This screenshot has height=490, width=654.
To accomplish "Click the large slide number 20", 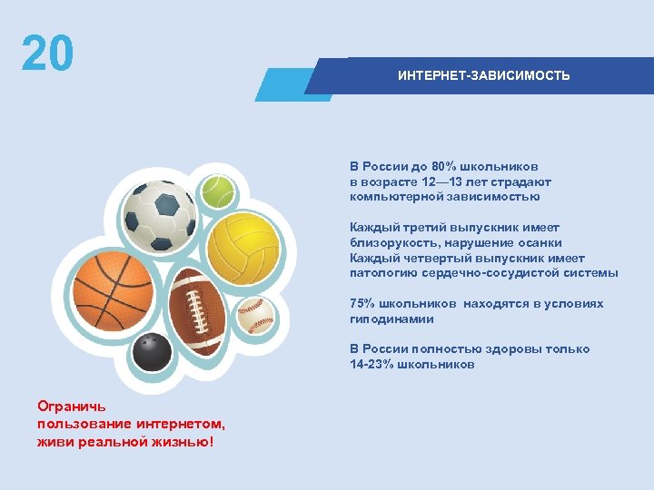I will click(47, 54).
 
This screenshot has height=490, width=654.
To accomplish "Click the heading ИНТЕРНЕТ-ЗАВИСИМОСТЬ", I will click(483, 75).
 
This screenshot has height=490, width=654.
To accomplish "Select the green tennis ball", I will click(218, 192).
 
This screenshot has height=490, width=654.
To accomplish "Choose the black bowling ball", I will click(151, 353).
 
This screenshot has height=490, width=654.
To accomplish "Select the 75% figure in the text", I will click(364, 304).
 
